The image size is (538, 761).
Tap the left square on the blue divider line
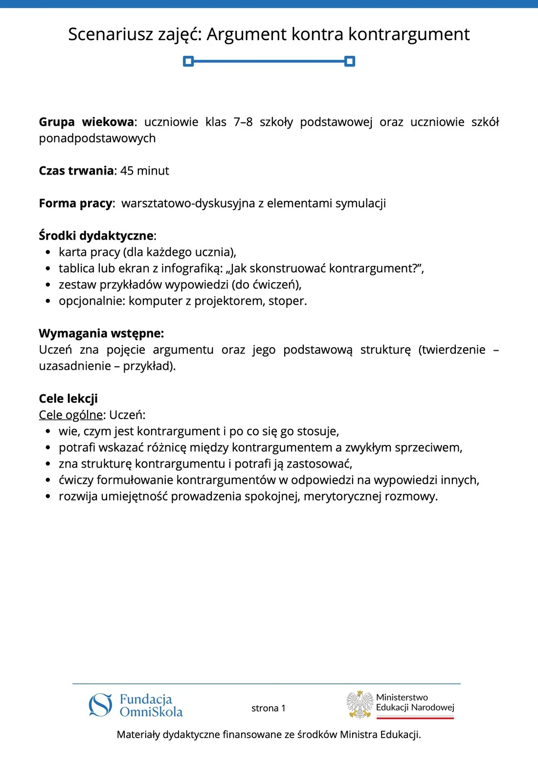pyautogui.click(x=188, y=61)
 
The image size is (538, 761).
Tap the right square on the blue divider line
pyautogui.click(x=350, y=61)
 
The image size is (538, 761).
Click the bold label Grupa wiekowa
pyautogui.click(x=86, y=122)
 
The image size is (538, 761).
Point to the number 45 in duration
pyautogui.click(x=127, y=171)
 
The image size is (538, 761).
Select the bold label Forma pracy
pyautogui.click(x=75, y=203)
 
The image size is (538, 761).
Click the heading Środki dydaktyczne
pyautogui.click(x=96, y=236)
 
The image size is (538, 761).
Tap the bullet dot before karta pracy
pyautogui.click(x=47, y=252)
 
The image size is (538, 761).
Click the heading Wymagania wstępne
pyautogui.click(x=101, y=334)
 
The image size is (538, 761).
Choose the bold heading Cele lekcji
pyautogui.click(x=68, y=399)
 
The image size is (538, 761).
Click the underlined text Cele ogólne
pyautogui.click(x=71, y=415)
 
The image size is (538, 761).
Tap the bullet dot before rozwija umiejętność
pyautogui.click(x=47, y=496)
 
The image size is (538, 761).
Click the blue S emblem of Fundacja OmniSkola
pyautogui.click(x=100, y=705)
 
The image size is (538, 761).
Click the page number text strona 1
pyautogui.click(x=268, y=708)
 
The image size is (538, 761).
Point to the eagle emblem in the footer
pyautogui.click(x=360, y=705)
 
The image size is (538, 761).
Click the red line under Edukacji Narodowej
pyautogui.click(x=415, y=717)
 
